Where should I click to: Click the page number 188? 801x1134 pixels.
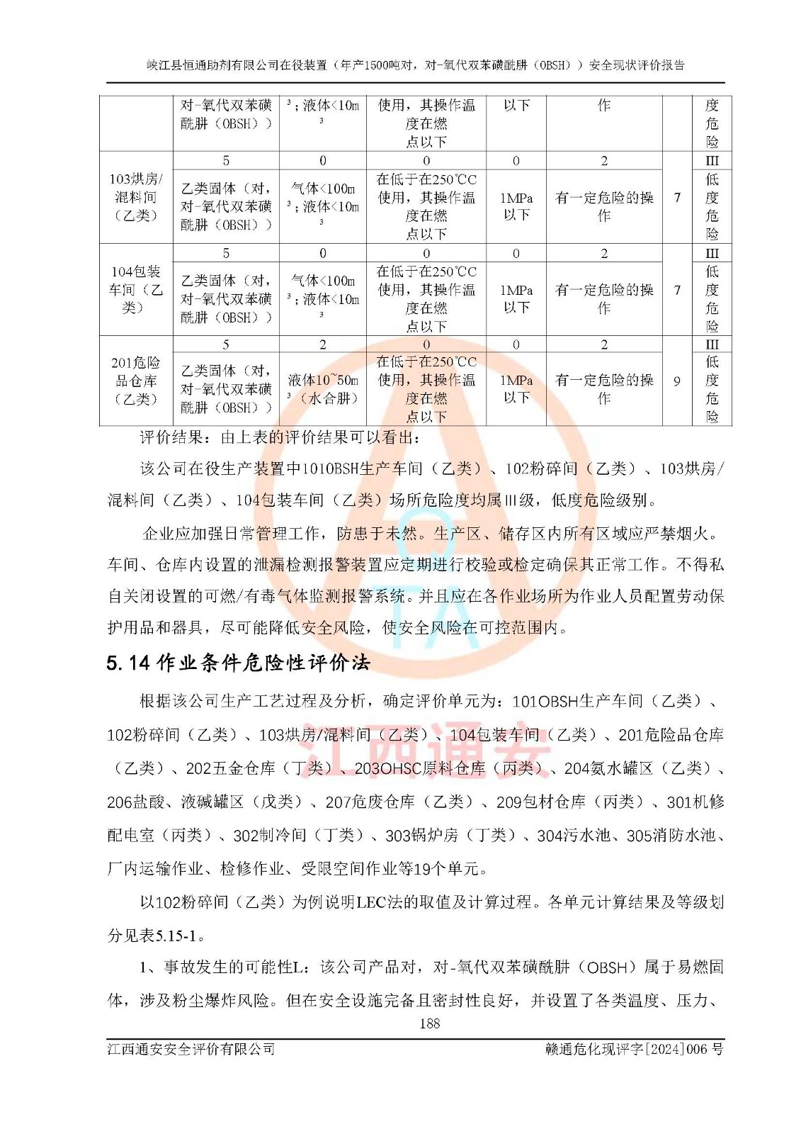[x=429, y=1023]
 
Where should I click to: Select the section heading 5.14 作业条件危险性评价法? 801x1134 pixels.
[x=238, y=663]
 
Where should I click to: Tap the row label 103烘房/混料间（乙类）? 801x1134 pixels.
[x=136, y=197]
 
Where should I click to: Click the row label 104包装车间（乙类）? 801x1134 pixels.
[x=136, y=289]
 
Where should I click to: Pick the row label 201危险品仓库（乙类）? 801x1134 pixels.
[x=136, y=381]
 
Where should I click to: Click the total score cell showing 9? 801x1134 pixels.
[x=677, y=381]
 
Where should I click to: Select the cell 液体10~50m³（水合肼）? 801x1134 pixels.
[x=323, y=389]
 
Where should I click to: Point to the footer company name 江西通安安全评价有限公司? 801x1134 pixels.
[x=191, y=1049]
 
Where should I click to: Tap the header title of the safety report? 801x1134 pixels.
[x=416, y=65]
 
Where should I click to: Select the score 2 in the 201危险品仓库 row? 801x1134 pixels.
[x=323, y=344]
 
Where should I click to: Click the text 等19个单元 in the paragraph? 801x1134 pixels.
[x=446, y=868]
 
